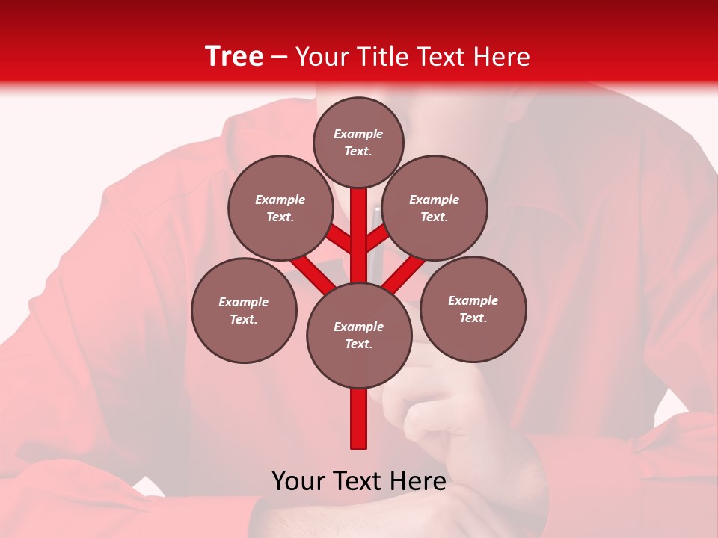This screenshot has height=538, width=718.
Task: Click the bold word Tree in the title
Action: click(234, 56)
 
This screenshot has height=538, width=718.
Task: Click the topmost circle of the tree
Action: click(358, 142)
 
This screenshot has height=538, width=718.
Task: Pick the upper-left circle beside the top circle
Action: click(280, 208)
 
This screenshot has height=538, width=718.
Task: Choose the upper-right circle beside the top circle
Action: click(435, 208)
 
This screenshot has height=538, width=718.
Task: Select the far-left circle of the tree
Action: click(244, 310)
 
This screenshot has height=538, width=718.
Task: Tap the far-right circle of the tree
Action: click(473, 309)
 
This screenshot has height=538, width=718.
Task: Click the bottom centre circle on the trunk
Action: click(359, 336)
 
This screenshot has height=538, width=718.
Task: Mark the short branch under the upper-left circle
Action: click(339, 240)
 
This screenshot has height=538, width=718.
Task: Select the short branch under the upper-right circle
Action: click(378, 239)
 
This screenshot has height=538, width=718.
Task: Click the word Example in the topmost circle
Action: click(358, 134)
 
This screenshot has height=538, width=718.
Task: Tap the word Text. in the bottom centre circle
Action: click(358, 344)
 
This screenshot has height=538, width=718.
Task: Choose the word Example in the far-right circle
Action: click(473, 300)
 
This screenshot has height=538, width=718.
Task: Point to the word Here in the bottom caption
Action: click(419, 481)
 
